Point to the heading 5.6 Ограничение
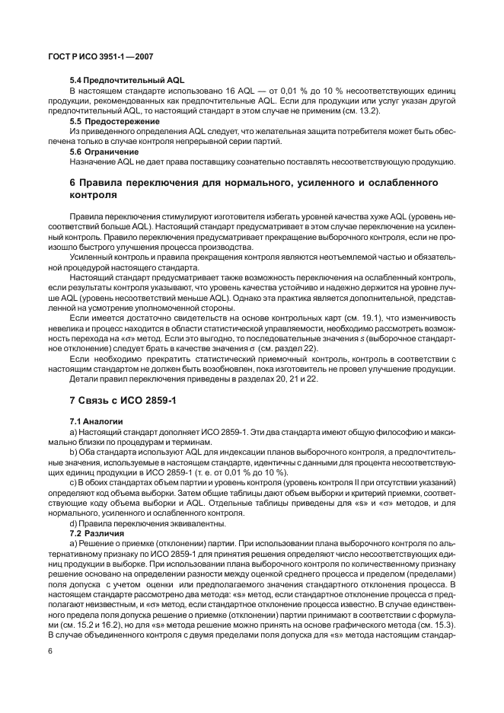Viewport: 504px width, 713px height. coord(105,151)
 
